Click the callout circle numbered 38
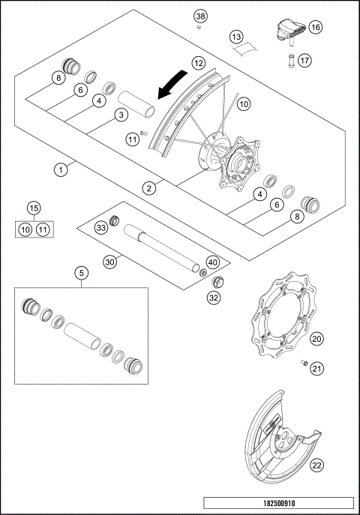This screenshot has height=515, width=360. click(x=200, y=16)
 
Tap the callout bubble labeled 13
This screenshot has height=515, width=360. click(x=236, y=36)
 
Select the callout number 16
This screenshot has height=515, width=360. click(x=315, y=27)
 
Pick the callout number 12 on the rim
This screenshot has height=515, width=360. click(x=198, y=64)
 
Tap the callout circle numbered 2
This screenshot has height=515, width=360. click(x=151, y=188)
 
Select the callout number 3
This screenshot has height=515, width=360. click(x=119, y=115)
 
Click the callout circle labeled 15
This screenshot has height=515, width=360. click(x=33, y=208)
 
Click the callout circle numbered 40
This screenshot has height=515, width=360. click(x=213, y=262)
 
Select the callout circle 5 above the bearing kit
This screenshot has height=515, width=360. click(x=80, y=274)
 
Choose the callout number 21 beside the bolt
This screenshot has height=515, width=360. click(x=317, y=367)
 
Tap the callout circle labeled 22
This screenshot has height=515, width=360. click(x=317, y=466)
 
